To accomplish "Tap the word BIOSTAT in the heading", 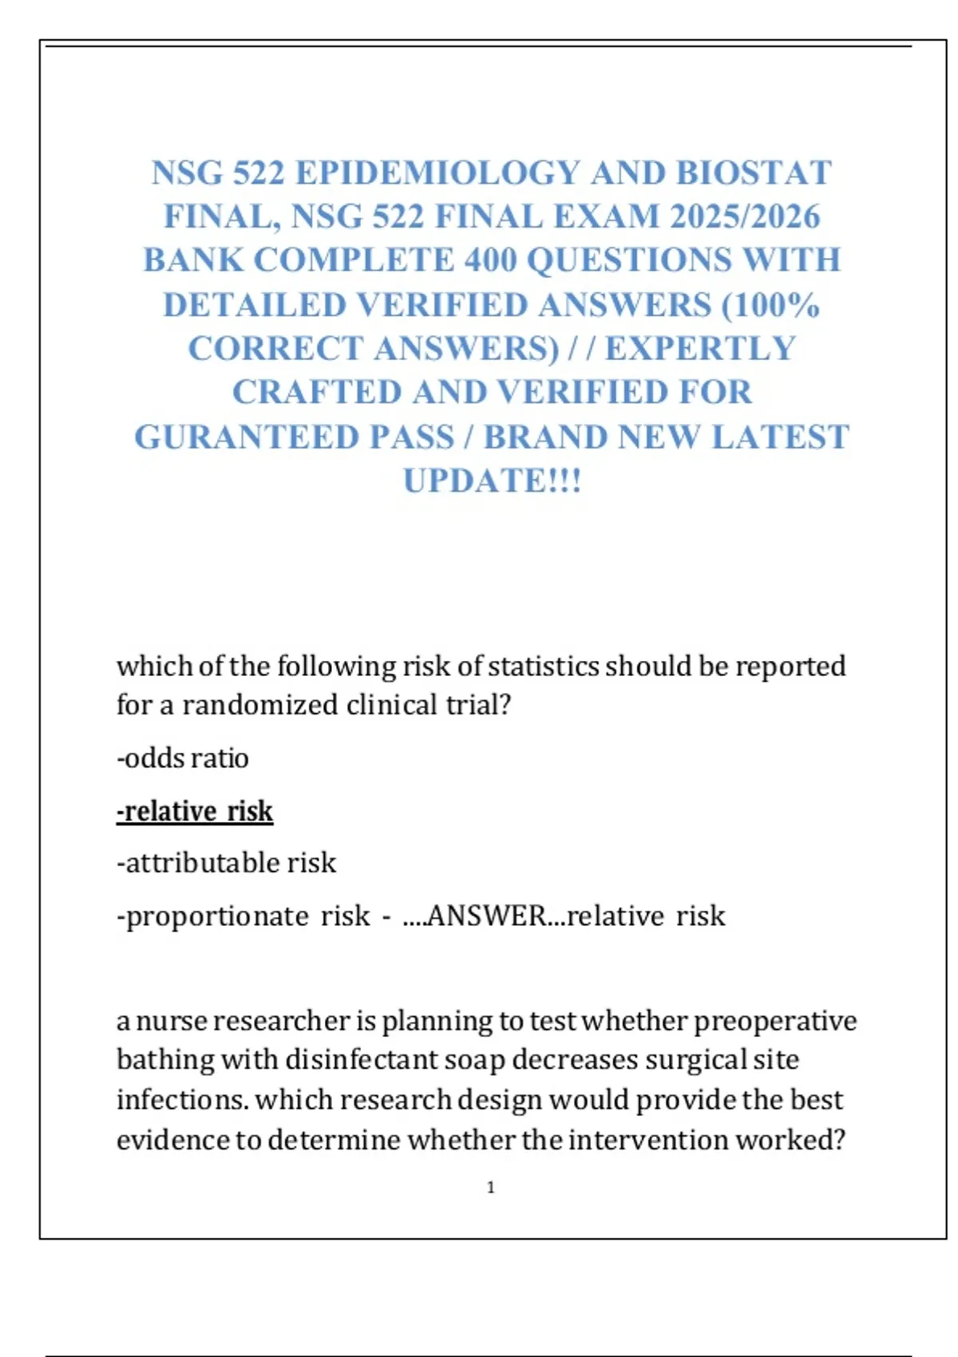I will point(754,173).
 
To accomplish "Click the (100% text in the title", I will point(770,305).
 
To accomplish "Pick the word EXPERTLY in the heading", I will point(700,349).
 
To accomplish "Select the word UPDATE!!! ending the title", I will point(492,481).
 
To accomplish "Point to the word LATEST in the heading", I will point(779,437).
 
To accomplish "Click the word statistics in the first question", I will point(542,667).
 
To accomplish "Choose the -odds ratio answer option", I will point(183,758).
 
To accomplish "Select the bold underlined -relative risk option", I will point(195,811).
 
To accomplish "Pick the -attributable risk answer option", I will point(227,863).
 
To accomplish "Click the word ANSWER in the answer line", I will point(486,916).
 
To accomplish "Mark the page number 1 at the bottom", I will point(491,1188).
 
